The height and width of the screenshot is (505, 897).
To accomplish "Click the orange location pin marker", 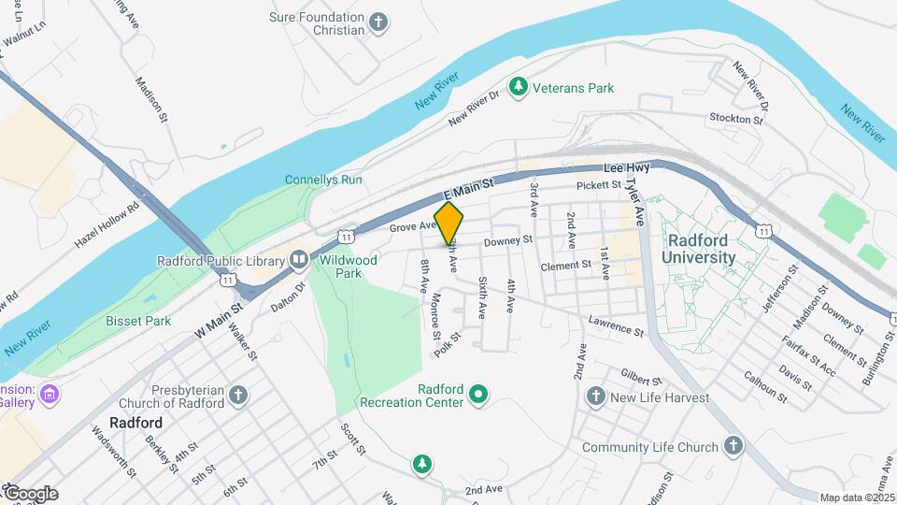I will [x=449, y=224].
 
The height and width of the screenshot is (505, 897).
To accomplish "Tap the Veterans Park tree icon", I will [x=518, y=87].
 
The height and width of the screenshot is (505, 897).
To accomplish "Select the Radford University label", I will [x=701, y=248].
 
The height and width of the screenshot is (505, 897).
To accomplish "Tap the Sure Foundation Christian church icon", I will [x=378, y=22].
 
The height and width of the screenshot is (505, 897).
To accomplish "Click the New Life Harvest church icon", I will [x=595, y=397].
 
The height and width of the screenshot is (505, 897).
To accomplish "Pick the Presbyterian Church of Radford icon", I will [x=239, y=396].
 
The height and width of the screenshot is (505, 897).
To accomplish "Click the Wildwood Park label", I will [x=349, y=267].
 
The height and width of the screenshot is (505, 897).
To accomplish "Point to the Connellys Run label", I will [x=323, y=180].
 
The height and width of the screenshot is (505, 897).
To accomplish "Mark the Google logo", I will [x=30, y=493].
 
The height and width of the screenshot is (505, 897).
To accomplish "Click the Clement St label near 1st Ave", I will [x=566, y=265].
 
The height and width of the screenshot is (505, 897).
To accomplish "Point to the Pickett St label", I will [x=599, y=186].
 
